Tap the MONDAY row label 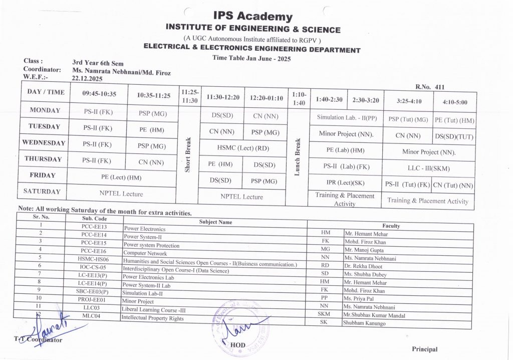(45, 110)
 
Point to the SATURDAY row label (42, 192)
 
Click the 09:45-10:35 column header (99, 93)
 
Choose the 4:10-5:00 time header (454, 102)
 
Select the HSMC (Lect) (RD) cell (242, 148)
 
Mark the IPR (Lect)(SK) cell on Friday (345, 183)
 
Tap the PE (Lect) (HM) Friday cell (121, 177)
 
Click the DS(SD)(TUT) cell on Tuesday (454, 136)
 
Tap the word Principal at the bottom (425, 349)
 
